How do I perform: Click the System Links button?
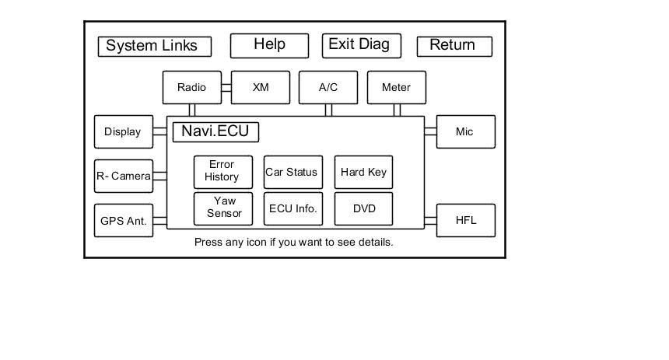coord(155,47)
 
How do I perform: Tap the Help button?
coord(269,46)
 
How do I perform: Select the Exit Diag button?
coord(362,46)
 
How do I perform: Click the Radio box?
coord(192,87)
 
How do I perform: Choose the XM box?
coord(261,87)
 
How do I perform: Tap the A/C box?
coord(328,87)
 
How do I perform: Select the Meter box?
coord(397,87)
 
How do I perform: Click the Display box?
coord(124,132)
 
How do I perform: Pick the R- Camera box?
coord(124,177)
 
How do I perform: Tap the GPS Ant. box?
coord(124,221)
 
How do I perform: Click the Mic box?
coord(466,132)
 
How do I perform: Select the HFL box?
coord(466,221)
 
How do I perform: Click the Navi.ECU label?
coord(215,132)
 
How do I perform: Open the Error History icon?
coord(223,172)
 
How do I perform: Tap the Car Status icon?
coord(293,172)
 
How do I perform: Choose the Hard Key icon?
coord(363,172)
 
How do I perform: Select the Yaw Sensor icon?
coord(223,208)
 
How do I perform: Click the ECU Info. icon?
coord(293,208)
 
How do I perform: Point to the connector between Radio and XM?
coord(226,87)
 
